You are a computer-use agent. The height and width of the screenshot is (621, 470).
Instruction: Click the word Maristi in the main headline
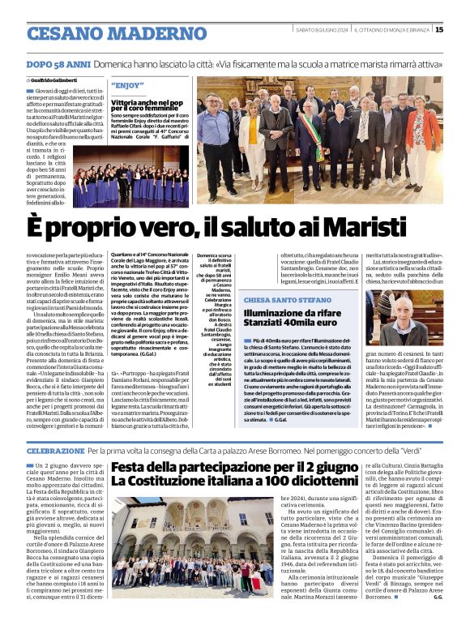pos(383,222)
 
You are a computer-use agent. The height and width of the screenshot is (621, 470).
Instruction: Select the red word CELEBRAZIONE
pos(55,450)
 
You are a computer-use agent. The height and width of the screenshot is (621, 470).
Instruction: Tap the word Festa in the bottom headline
pos(135,467)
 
